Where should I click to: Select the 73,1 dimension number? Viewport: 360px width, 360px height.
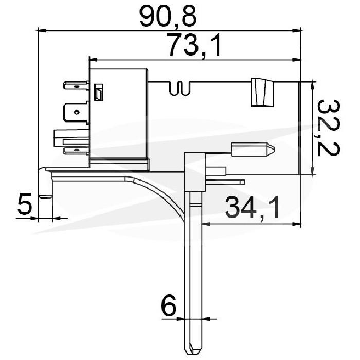pos(194,45)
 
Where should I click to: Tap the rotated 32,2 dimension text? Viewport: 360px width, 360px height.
pos(328,128)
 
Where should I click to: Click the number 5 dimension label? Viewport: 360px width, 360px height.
pos(24,204)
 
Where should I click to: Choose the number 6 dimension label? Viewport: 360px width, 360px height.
pos(169,305)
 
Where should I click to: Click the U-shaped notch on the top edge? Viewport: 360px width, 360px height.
pos(180,88)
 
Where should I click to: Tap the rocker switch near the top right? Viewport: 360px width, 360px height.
pos(263,93)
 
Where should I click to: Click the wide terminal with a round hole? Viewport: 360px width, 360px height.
pos(76,113)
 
